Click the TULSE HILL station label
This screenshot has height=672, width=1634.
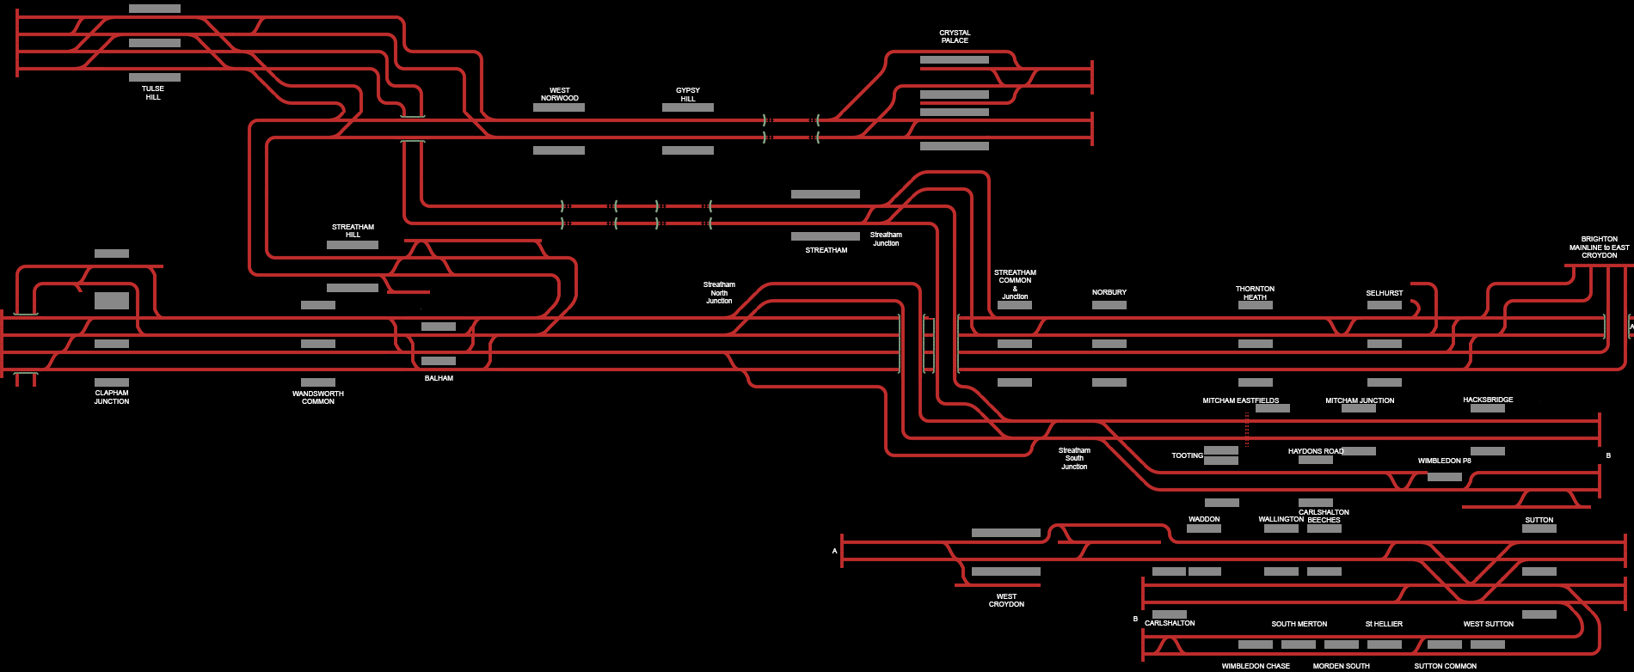click(153, 93)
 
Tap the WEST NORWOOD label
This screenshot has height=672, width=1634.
click(559, 94)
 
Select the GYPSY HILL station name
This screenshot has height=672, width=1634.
click(688, 95)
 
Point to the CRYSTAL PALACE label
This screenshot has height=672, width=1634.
click(955, 37)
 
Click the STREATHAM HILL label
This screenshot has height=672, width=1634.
click(353, 231)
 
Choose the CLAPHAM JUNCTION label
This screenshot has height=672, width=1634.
click(112, 397)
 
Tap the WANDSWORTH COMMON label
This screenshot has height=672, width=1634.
click(318, 398)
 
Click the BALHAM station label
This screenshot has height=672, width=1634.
click(439, 378)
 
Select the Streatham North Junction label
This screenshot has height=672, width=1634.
click(719, 293)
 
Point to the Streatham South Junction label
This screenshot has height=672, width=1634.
click(1074, 459)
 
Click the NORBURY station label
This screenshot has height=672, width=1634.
click(1109, 293)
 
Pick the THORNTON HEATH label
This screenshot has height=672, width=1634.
click(1255, 293)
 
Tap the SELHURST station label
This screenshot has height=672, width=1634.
click(1385, 293)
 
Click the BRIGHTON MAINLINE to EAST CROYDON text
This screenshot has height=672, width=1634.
click(1599, 247)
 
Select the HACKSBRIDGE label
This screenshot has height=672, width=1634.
click(1488, 400)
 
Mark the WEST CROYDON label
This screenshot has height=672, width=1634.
click(1006, 600)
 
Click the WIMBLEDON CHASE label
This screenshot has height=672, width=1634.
click(1256, 666)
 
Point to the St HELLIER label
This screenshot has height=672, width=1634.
click(1384, 624)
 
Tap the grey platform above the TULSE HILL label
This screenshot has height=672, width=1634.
click(155, 77)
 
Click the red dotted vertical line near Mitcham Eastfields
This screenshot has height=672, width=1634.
click(1246, 429)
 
